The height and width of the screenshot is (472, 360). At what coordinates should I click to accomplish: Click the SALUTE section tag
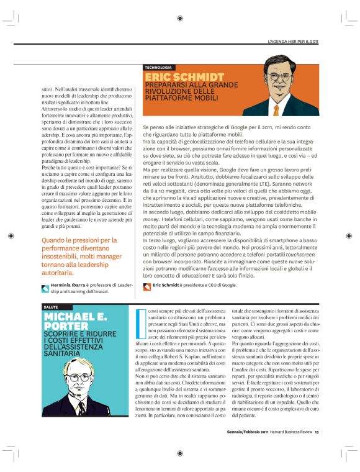click(50, 307)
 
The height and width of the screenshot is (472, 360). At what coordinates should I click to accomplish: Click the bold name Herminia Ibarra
click(68, 284)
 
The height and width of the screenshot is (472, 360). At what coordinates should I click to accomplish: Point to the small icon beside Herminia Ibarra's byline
click(45, 287)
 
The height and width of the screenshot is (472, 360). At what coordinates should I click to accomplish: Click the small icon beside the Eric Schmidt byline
click(146, 286)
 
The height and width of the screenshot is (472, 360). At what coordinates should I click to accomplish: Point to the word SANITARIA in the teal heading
click(61, 353)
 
